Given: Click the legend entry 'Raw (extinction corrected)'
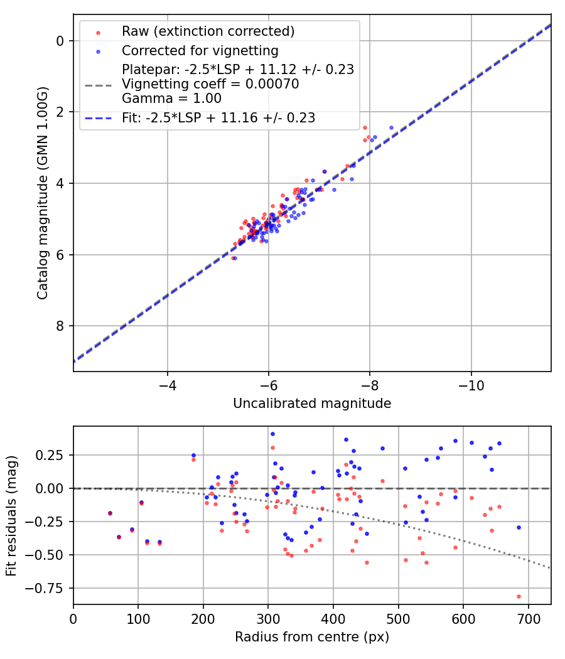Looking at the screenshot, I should click(x=208, y=31).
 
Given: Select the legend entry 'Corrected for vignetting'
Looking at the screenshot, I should click(x=200, y=50).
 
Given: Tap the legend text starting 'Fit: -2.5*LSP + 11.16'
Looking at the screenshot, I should click(x=218, y=117).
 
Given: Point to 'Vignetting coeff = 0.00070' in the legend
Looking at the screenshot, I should click(x=210, y=83).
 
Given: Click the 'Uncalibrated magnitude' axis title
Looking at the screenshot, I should click(x=312, y=404).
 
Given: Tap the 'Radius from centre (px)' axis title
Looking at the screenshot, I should click(x=312, y=637).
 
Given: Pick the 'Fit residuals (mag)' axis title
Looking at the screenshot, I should click(x=11, y=515).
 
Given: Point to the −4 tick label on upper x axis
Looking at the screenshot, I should click(x=167, y=385).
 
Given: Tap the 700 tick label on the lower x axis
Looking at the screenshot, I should click(x=529, y=619).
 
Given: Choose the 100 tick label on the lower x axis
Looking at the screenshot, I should click(x=138, y=619).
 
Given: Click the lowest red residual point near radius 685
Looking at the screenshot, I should click(x=519, y=596).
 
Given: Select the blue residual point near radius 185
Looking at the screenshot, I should click(x=193, y=455).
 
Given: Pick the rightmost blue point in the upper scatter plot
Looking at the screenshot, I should click(x=391, y=127).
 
